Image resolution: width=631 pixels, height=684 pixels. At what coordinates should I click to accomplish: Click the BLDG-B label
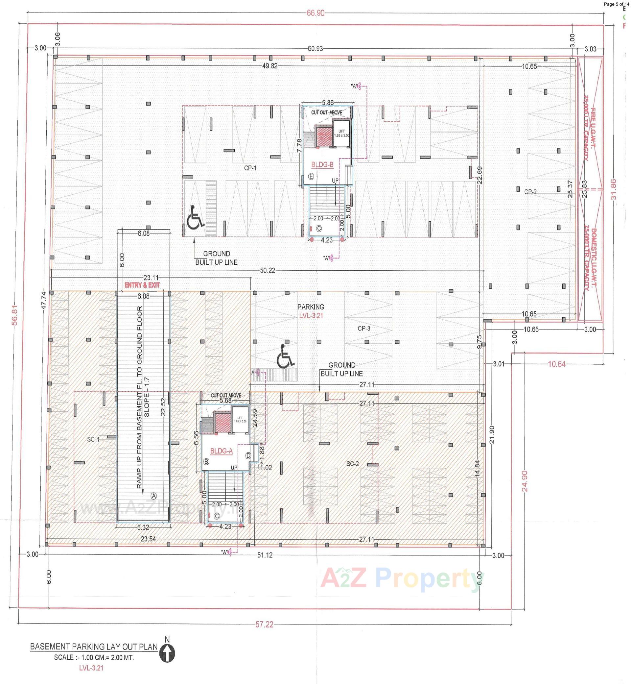(x=322, y=165)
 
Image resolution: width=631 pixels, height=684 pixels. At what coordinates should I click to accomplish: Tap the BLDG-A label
(x=221, y=451)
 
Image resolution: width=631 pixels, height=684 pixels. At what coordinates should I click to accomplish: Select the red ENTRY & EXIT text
(x=142, y=285)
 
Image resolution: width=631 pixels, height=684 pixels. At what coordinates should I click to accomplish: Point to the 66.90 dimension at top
(x=315, y=13)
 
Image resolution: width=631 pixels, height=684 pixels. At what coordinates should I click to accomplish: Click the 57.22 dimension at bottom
(x=264, y=624)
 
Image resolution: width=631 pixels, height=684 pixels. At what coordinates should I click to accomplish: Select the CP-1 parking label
(x=250, y=168)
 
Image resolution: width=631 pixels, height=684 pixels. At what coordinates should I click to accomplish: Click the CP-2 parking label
(x=530, y=192)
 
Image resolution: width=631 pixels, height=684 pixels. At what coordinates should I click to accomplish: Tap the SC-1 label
(x=93, y=439)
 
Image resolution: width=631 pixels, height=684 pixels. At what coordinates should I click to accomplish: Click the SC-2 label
(x=352, y=464)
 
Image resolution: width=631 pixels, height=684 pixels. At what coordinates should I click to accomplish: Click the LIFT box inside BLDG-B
(x=341, y=133)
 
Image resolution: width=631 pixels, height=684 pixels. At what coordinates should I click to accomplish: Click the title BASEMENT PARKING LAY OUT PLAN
(x=94, y=647)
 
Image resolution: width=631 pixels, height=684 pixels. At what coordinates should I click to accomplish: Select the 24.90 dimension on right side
(x=525, y=481)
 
